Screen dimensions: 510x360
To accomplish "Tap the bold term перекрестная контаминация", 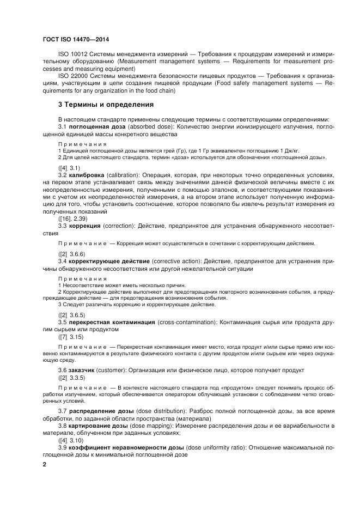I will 112,322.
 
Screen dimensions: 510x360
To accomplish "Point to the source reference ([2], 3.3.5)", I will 71,377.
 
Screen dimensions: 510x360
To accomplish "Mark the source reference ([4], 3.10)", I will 70,440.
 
